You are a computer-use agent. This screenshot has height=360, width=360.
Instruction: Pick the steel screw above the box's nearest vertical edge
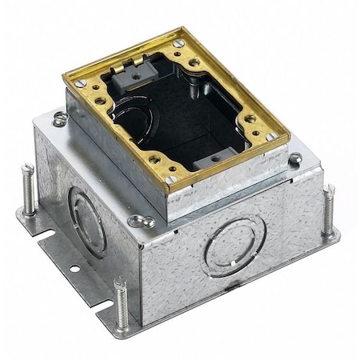(x=146, y=221)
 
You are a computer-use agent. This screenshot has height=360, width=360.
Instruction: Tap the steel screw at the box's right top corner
(x=295, y=158)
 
